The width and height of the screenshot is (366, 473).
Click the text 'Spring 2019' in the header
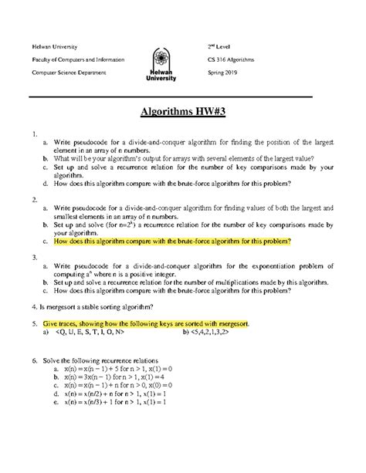click(x=229, y=73)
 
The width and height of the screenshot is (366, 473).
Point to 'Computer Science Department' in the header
click(x=75, y=73)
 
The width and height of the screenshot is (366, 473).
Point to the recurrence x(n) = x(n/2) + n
click(x=117, y=396)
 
